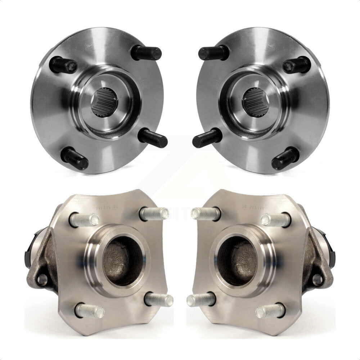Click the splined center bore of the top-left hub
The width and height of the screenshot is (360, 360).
104,102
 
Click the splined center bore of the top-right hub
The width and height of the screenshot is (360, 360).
255,102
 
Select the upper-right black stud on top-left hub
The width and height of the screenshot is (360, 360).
147,53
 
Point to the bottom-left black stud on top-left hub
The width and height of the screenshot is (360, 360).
75,158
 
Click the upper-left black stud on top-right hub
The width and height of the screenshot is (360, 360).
213,53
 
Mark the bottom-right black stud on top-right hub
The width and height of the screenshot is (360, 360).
285,158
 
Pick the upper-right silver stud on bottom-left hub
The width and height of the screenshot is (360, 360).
154,213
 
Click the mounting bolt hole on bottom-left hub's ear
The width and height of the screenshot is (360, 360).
42,279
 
